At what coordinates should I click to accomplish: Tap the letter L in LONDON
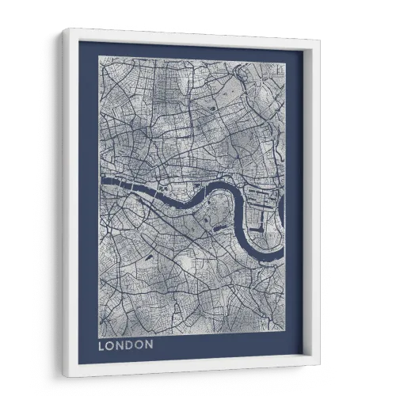point(101,345)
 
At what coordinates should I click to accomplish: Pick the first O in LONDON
point(110,345)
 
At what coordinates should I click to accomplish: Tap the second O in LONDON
point(139,345)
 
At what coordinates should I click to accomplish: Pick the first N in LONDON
point(120,345)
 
